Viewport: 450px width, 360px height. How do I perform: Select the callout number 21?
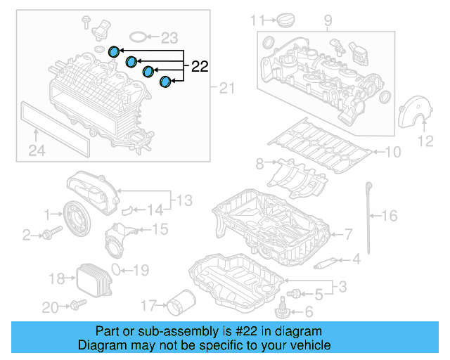[225, 88]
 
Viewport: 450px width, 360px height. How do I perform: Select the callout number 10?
[392, 151]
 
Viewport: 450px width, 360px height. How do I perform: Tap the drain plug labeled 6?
[283, 307]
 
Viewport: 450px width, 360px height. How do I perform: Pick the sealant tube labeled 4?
[327, 264]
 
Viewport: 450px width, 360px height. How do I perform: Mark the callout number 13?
[184, 201]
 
